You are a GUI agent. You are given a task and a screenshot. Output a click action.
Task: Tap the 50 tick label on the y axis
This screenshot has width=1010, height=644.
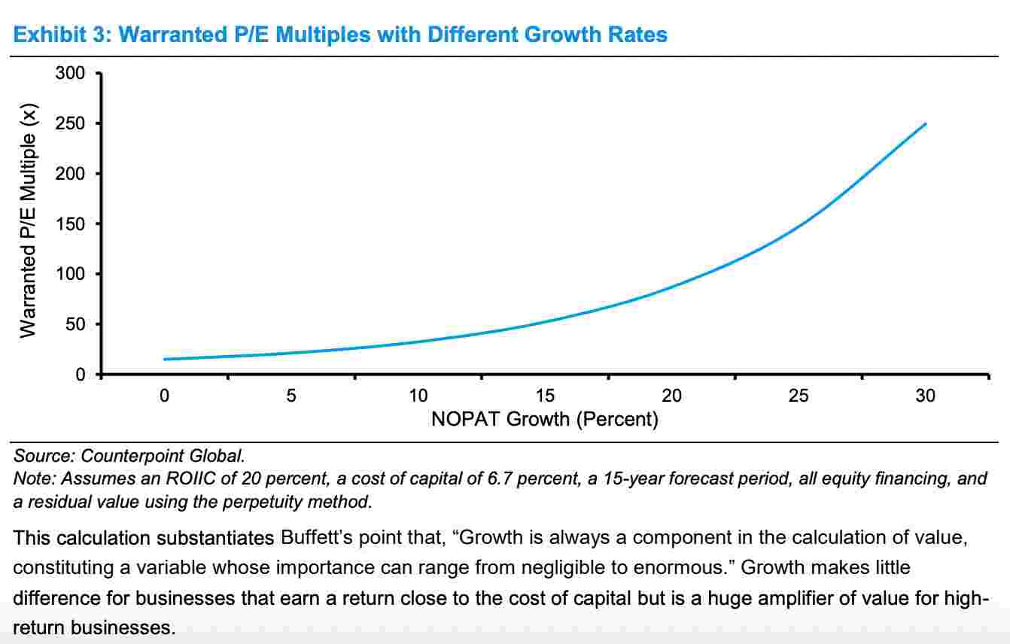pyautogui.click(x=78, y=324)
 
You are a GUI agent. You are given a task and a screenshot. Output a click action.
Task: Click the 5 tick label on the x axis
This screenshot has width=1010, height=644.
pyautogui.click(x=291, y=396)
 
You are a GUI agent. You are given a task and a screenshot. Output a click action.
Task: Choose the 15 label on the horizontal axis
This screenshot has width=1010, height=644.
pyautogui.click(x=545, y=396)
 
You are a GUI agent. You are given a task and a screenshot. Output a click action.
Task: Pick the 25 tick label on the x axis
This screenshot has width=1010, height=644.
pyautogui.click(x=799, y=396)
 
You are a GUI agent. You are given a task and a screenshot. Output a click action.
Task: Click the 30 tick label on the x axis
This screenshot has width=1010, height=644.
pyautogui.click(x=925, y=396)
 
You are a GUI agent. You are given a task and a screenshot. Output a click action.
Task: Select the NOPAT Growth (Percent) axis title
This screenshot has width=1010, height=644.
pyautogui.click(x=544, y=419)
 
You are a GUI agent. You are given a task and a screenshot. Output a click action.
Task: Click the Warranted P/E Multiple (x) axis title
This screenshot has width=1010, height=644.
pyautogui.click(x=28, y=224)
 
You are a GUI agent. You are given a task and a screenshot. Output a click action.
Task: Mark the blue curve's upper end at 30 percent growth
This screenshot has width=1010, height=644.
pyautogui.click(x=925, y=123)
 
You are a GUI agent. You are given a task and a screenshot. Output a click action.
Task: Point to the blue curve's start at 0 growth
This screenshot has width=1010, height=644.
pyautogui.click(x=164, y=359)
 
